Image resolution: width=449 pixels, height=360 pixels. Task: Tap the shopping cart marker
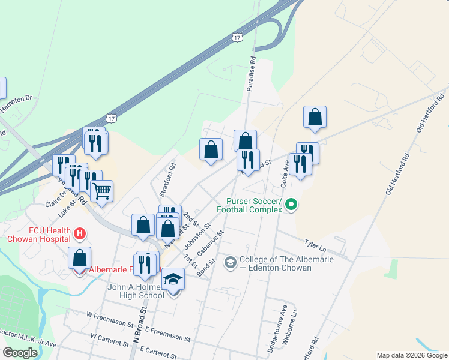[x=101, y=191]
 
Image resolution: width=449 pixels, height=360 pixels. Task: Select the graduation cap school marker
[x=173, y=280]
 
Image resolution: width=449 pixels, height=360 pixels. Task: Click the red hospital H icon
[x=79, y=232]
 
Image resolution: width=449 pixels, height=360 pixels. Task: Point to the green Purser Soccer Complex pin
[x=291, y=205]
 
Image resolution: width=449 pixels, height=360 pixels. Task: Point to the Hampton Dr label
[x=16, y=104]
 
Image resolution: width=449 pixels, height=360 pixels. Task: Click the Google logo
[x=20, y=353]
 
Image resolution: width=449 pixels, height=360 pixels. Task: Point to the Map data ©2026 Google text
[x=411, y=355]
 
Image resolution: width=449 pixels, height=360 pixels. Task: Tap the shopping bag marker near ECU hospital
[x=79, y=258]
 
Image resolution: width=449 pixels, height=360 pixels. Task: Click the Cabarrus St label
[x=212, y=240]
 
